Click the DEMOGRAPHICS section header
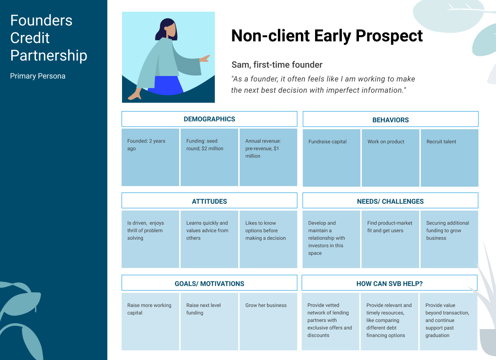[x=209, y=119]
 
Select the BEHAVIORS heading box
[x=390, y=119]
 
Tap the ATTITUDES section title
[x=209, y=201]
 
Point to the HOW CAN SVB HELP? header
[x=389, y=283]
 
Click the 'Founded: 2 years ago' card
[x=150, y=157]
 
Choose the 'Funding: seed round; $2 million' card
[x=209, y=157]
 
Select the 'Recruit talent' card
[x=450, y=158]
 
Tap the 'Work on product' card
[x=391, y=158]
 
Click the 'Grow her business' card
[x=268, y=322]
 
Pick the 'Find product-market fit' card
[x=390, y=239]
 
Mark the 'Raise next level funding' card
[x=209, y=322]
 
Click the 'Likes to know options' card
[x=268, y=239]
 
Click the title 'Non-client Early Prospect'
[x=327, y=35]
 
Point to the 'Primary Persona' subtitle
[x=38, y=76]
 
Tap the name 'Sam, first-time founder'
[x=277, y=65]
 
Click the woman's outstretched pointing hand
[x=205, y=58]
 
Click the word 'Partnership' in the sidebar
[x=49, y=56]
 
